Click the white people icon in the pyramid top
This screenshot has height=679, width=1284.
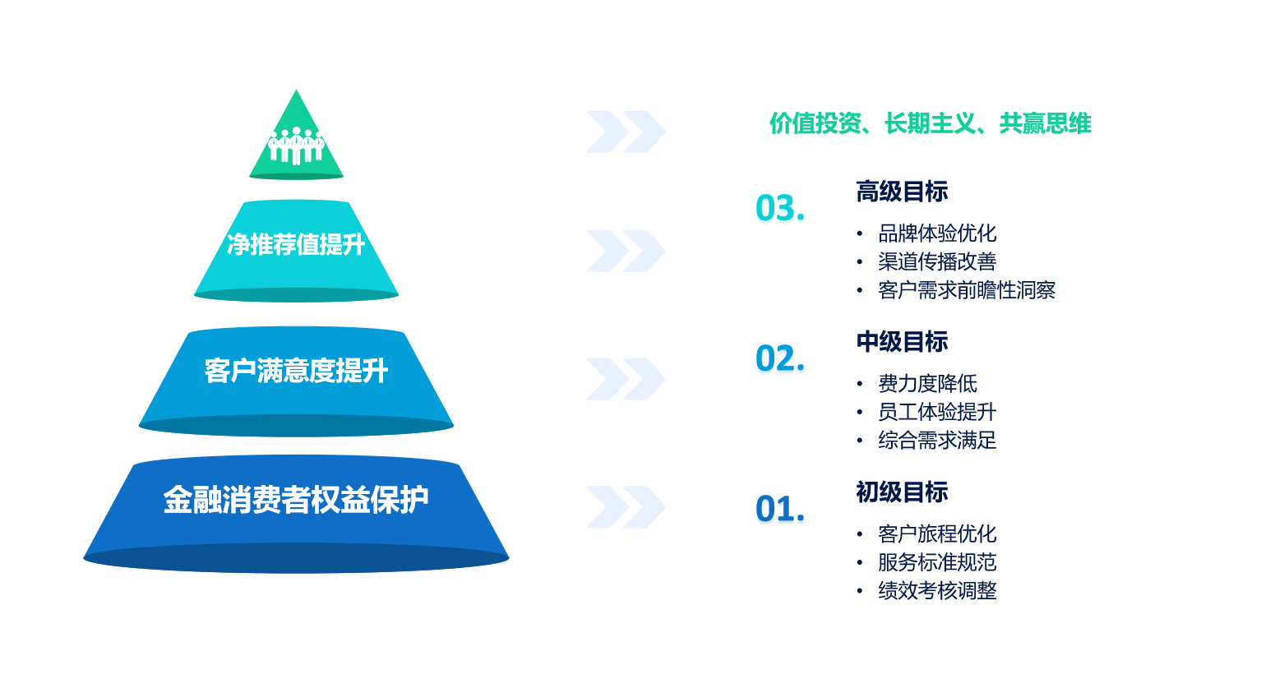pos(297,145)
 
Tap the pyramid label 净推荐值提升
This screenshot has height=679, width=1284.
pos(297,245)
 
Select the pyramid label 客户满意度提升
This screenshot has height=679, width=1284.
pos(297,371)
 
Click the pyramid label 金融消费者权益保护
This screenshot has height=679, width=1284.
pos(297,500)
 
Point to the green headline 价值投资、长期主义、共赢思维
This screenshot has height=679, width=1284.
pos(931,123)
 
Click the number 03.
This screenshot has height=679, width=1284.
pos(780,207)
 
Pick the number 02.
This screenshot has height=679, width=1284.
pos(780,358)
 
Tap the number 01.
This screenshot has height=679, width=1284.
pos(780,508)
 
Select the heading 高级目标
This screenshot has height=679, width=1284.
pos(903,192)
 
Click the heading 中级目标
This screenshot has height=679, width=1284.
pos(903,341)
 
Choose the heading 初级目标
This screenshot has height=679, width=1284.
pos(903,492)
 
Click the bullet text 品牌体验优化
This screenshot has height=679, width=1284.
pos(937,233)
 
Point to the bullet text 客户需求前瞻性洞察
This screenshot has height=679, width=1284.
pos(967,290)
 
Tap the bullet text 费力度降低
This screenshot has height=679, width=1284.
pos(927,383)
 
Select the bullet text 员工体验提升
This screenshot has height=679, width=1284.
pos(937,412)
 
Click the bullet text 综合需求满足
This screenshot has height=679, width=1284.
pos(937,440)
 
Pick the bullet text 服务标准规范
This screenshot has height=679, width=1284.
pos(937,562)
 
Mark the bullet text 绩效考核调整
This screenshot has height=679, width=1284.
pos(937,590)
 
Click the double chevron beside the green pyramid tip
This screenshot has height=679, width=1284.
pos(626,132)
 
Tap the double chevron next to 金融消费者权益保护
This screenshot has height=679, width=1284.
pos(626,507)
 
